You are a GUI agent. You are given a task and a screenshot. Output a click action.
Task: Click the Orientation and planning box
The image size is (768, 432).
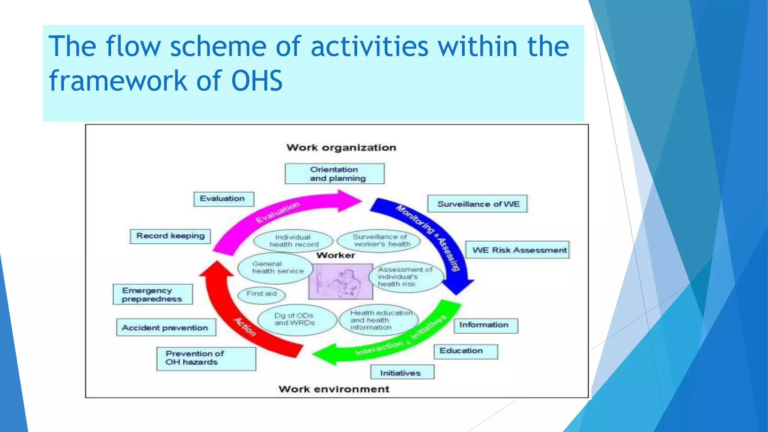point(334,174)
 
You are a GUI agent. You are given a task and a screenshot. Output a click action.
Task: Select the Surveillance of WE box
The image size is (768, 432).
point(477,204)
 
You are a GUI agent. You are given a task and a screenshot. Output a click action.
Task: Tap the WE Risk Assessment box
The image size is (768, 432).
point(517,250)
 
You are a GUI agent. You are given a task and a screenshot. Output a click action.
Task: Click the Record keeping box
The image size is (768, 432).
point(170,236)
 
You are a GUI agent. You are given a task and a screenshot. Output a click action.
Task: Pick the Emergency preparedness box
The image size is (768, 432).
point(153,294)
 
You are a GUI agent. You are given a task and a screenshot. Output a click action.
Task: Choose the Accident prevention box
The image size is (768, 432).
point(166,328)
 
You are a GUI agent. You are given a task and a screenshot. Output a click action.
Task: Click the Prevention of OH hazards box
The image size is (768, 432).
point(206,358)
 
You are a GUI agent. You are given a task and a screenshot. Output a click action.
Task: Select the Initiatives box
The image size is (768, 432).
point(402,372)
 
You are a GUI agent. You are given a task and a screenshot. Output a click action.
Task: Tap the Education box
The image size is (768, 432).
point(466,351)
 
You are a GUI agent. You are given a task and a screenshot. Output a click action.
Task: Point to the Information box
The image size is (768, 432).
point(486,325)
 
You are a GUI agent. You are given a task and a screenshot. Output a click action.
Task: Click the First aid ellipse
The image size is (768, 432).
point(261,294)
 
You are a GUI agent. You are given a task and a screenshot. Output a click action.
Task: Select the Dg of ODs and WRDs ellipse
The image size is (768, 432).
point(296,319)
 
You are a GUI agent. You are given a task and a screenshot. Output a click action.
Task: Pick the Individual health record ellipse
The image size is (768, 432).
point(293,241)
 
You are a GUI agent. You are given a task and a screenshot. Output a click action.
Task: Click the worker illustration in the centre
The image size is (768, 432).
point(340,281)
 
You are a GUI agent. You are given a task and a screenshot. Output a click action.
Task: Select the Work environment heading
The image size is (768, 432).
point(334,389)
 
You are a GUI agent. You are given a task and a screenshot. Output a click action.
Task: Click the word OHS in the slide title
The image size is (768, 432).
point(257,81)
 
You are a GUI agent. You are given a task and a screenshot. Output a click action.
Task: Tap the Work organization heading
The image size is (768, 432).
point(341,148)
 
